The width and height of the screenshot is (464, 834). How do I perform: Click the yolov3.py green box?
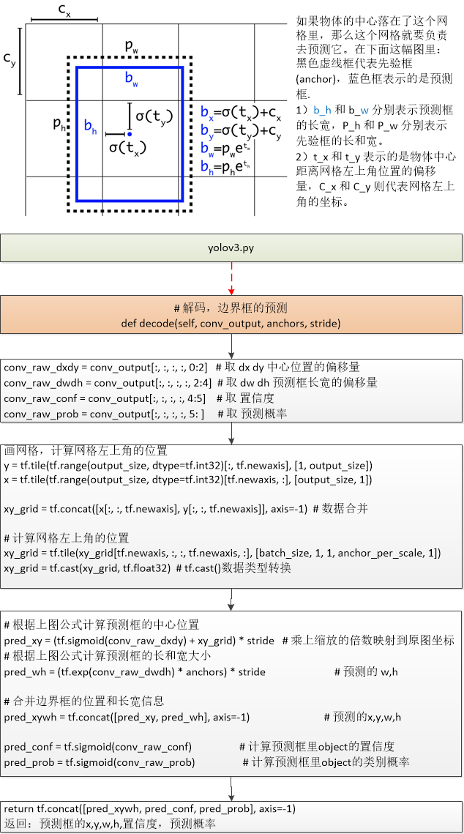(x=231, y=248)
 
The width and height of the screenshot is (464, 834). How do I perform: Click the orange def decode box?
(x=231, y=315)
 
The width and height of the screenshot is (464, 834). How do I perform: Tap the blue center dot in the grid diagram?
(x=129, y=134)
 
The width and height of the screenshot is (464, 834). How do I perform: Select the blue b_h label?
(x=90, y=127)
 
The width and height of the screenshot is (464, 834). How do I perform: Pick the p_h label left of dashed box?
(x=59, y=124)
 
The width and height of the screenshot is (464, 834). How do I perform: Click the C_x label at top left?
(x=64, y=10)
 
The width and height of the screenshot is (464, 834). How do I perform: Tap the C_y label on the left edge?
(x=9, y=59)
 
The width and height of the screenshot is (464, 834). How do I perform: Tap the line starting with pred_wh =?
(x=135, y=671)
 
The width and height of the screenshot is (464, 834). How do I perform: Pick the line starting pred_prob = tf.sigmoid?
(x=100, y=762)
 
